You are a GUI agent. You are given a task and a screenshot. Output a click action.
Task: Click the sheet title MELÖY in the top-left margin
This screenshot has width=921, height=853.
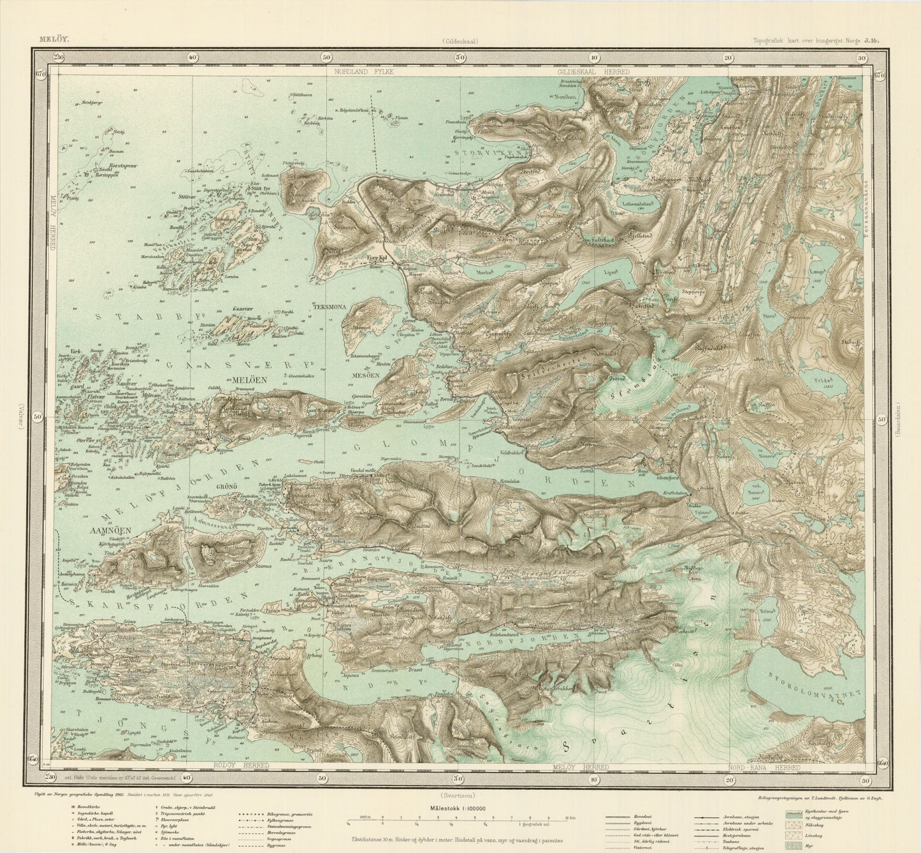tap(54, 39)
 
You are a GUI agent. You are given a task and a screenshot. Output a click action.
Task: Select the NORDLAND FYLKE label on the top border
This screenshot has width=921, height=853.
tap(365, 72)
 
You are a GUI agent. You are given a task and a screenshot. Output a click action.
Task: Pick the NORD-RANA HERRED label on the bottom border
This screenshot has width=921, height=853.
tap(765, 767)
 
